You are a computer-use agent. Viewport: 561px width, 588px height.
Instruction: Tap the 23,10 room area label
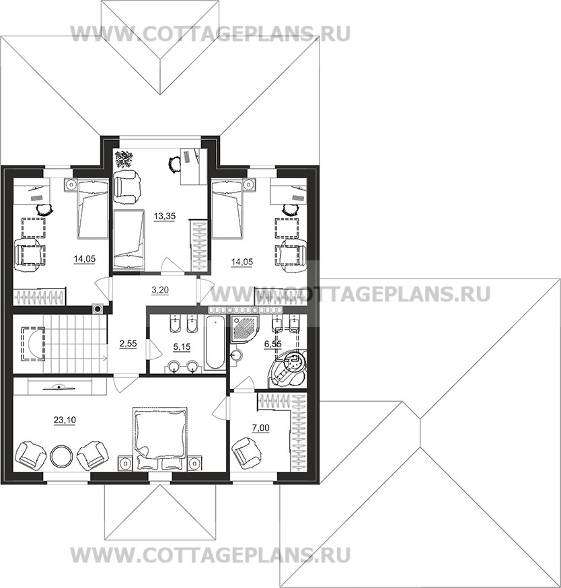point(63,420)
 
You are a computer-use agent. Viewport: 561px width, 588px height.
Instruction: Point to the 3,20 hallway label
point(159,291)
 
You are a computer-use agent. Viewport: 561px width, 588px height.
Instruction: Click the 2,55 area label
point(128,344)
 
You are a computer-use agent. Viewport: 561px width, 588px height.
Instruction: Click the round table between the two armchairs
point(61,455)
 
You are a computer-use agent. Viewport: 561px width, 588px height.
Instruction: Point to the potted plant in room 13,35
point(124,159)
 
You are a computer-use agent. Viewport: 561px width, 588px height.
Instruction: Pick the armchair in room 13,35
point(128,186)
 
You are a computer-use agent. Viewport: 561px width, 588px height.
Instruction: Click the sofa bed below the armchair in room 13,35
point(128,239)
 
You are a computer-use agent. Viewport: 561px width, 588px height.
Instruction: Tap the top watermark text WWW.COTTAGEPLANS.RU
point(210,33)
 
